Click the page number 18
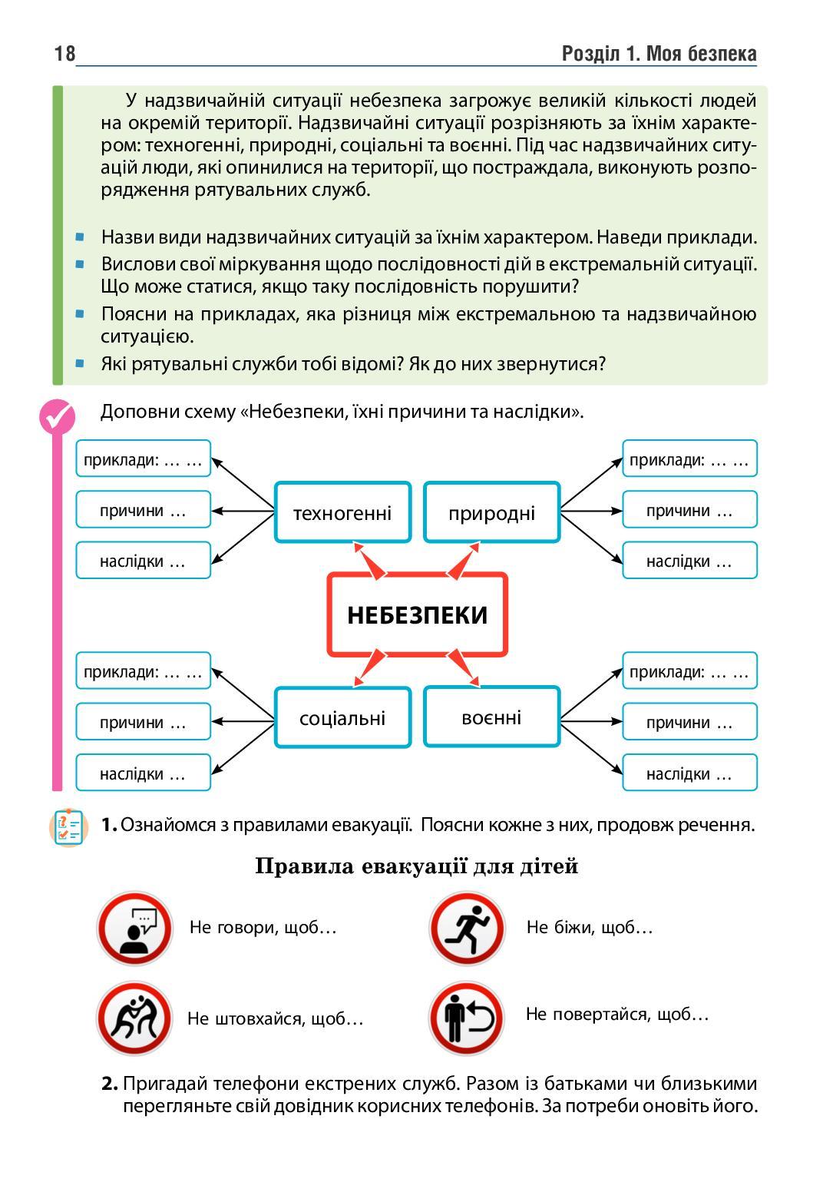[x=64, y=54]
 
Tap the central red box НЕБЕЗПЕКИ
[x=417, y=614]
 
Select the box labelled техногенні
[x=342, y=512]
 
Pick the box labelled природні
[x=491, y=512]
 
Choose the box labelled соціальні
[x=342, y=718]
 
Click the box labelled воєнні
[x=491, y=717]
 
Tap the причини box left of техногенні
[x=143, y=510]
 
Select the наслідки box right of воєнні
[x=689, y=773]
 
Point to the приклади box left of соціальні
[x=143, y=671]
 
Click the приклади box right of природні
[x=689, y=459]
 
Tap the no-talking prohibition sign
[x=134, y=929]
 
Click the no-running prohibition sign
[x=467, y=929]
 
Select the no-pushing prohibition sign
[x=134, y=1018]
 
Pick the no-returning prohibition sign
[x=467, y=1018]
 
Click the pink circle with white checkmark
[x=57, y=417]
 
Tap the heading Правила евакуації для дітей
[x=416, y=866]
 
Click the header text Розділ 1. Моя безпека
[x=659, y=54]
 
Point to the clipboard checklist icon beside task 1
[x=68, y=828]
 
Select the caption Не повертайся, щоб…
[x=616, y=1014]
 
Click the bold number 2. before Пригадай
[x=110, y=1084]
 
